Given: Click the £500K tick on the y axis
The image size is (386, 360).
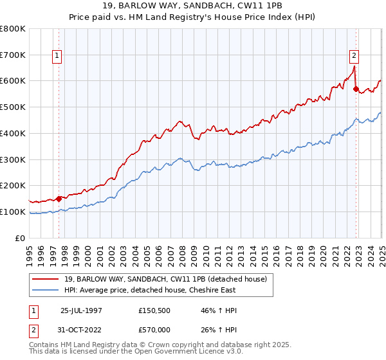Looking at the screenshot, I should pos(13,107).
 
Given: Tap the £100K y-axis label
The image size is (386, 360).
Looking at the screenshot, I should pos(13,212).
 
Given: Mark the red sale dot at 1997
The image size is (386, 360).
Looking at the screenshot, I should pos(59,199).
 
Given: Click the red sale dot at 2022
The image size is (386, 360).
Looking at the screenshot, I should pos(356,89).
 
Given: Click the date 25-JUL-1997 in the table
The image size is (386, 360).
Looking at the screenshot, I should pos(81,310).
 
